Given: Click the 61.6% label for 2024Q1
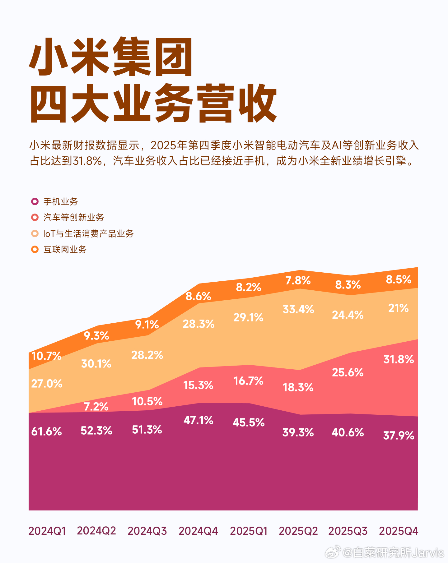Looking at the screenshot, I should pos(47,431).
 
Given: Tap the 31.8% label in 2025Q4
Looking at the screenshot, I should pos(399,360).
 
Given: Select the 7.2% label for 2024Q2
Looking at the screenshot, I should pos(96,407).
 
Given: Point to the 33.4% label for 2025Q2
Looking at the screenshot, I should pos(298,310).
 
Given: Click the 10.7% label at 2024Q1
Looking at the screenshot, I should pos(46,356).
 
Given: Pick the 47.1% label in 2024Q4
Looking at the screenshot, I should pos(198,421).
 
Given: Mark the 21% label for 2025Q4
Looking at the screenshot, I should pos(398,308).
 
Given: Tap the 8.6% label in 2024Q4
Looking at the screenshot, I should pos(198,296).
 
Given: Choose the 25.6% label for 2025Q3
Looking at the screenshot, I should pos(348,372).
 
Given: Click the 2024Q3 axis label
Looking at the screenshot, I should pos(147,531).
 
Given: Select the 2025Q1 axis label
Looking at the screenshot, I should pos(249,531).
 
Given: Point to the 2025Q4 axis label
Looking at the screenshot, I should pos(399,531).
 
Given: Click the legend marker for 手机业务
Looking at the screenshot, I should pos(35,201).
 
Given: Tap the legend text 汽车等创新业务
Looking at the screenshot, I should pos(74,217).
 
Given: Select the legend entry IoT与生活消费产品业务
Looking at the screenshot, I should pos(88,233).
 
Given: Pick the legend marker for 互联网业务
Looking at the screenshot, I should pos(35,249).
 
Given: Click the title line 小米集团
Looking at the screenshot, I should pos(111,57).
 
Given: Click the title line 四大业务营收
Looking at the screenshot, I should pos(153,104).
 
